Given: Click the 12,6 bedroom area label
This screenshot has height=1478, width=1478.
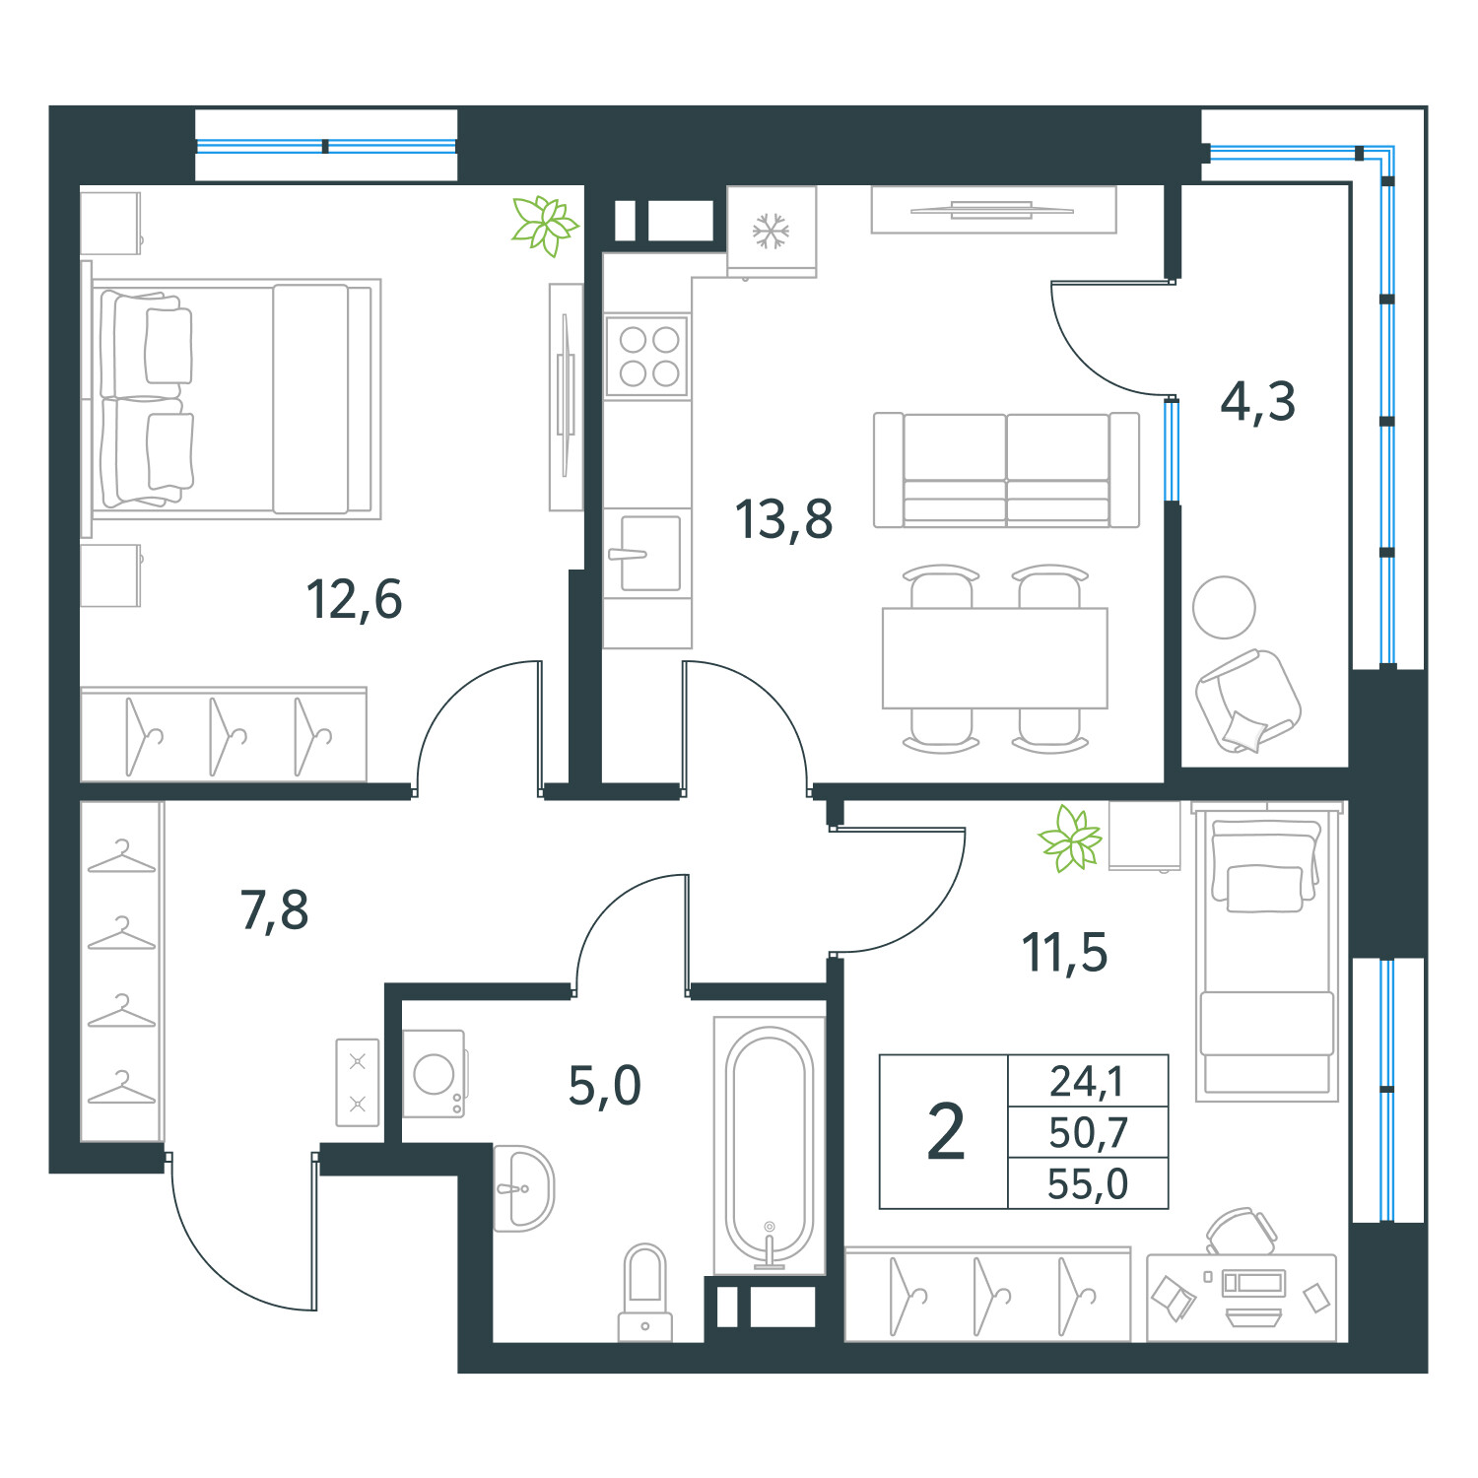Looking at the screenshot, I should pos(354,599).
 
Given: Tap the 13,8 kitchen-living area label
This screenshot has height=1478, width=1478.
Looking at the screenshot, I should pos(783,519).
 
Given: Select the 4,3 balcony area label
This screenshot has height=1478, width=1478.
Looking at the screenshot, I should pos(1257,401).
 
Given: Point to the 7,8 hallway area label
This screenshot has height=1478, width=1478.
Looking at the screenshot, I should pos(274,909).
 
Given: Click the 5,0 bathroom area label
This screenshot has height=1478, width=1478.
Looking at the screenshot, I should pos(604,1086).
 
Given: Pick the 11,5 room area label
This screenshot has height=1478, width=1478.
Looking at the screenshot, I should pos(1064,953).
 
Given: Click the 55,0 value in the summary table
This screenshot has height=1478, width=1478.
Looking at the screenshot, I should pos(1088,1184).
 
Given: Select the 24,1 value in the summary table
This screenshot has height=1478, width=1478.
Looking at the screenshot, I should pos(1087,1081).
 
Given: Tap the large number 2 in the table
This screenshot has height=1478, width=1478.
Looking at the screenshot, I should pos(946,1132).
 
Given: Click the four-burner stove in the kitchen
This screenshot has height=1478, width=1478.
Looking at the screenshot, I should pos(647,356).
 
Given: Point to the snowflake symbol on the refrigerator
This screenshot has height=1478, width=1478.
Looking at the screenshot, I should pos(771,231).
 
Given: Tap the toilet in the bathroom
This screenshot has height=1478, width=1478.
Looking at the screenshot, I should pos(645,1291).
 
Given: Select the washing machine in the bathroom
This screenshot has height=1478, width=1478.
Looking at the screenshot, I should pos(435,1074).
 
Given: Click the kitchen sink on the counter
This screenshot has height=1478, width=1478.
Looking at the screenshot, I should pos(648,554).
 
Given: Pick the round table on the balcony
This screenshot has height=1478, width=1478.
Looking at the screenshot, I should pos(1224,607).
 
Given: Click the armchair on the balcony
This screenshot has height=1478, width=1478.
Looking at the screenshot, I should pos(1247,701).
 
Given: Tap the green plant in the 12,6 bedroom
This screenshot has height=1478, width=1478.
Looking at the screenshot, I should pos(543,225).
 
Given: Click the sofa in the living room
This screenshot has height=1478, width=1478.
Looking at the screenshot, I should pos(1006,470).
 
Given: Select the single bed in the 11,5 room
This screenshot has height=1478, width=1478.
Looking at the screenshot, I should pos(1266,951).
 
